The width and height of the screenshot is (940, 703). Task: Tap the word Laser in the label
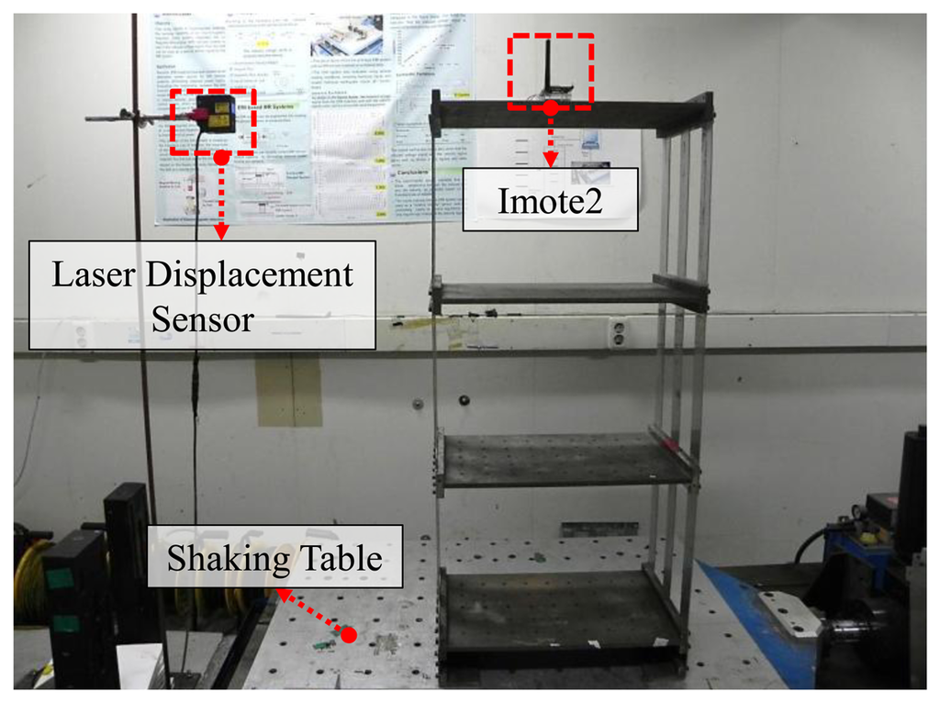pos(91,274)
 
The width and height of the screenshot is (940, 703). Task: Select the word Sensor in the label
pos(202,318)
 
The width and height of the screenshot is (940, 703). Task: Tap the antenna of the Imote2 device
pos(546,64)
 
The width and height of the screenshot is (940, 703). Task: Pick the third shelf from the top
pos(565,459)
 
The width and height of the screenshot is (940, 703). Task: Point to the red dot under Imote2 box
pos(551,108)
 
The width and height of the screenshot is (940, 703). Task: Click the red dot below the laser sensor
pos(221,158)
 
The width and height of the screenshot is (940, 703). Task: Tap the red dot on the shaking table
pos(348,633)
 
